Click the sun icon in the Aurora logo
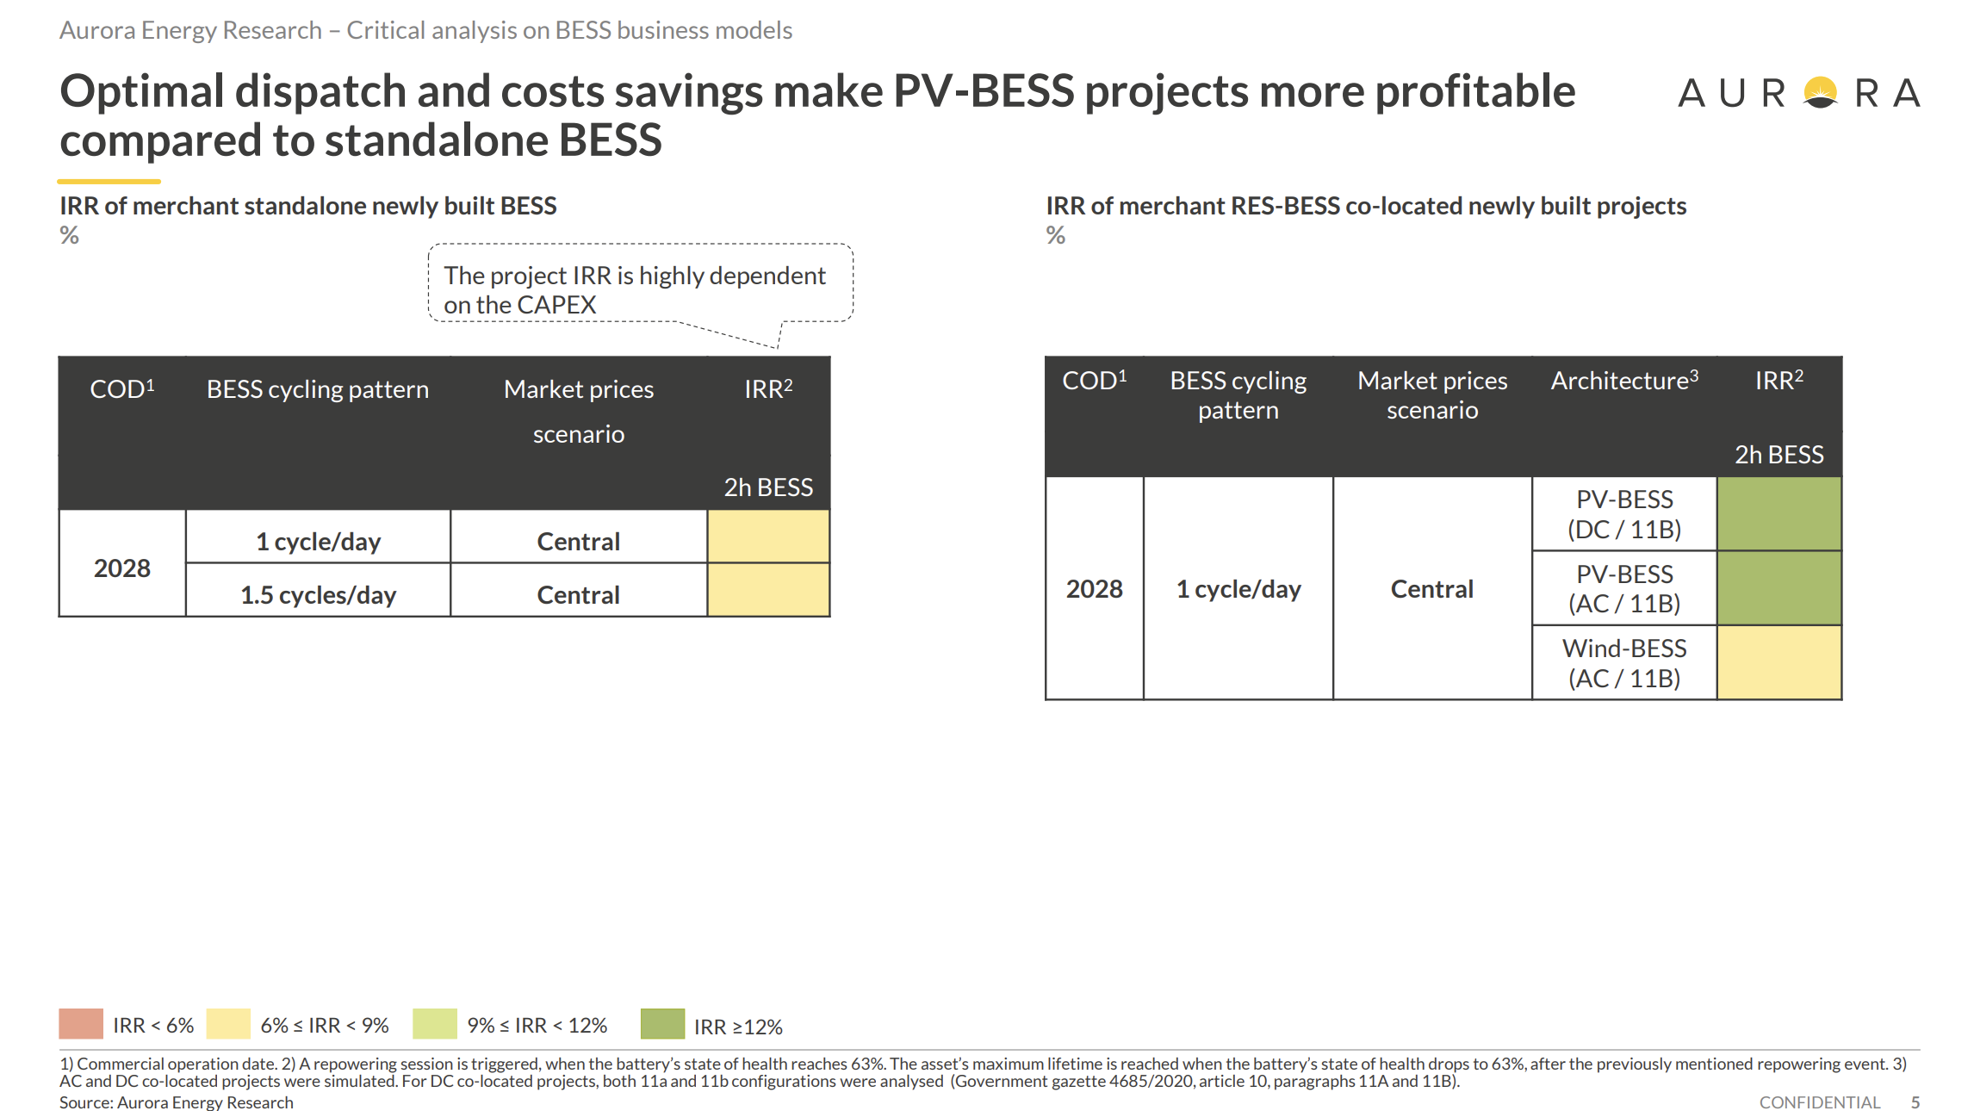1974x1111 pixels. click(x=1821, y=92)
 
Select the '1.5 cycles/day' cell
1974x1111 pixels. click(x=318, y=591)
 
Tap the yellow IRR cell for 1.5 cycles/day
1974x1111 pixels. click(x=768, y=591)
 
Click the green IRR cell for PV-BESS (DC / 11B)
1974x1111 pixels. click(x=1779, y=514)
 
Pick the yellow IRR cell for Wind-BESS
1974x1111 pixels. click(x=1779, y=662)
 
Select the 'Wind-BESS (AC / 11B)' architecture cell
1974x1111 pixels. click(x=1624, y=662)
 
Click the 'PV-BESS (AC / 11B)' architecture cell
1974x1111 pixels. click(x=1624, y=588)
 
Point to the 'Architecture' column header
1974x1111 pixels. click(x=1624, y=381)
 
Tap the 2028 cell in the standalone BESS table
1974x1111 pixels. click(x=122, y=564)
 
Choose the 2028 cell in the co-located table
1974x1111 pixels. click(x=1095, y=588)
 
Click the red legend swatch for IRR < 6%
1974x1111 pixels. click(x=81, y=1024)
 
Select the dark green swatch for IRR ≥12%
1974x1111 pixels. click(x=662, y=1024)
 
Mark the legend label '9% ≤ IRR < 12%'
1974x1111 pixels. click(x=537, y=1026)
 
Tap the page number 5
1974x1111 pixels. click(x=1915, y=1102)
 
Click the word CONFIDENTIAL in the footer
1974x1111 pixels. click(x=1820, y=1102)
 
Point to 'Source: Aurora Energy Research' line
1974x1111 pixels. click(x=177, y=1102)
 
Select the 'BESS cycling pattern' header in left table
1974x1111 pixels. click(x=318, y=389)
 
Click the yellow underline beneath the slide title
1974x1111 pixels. click(x=109, y=182)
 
